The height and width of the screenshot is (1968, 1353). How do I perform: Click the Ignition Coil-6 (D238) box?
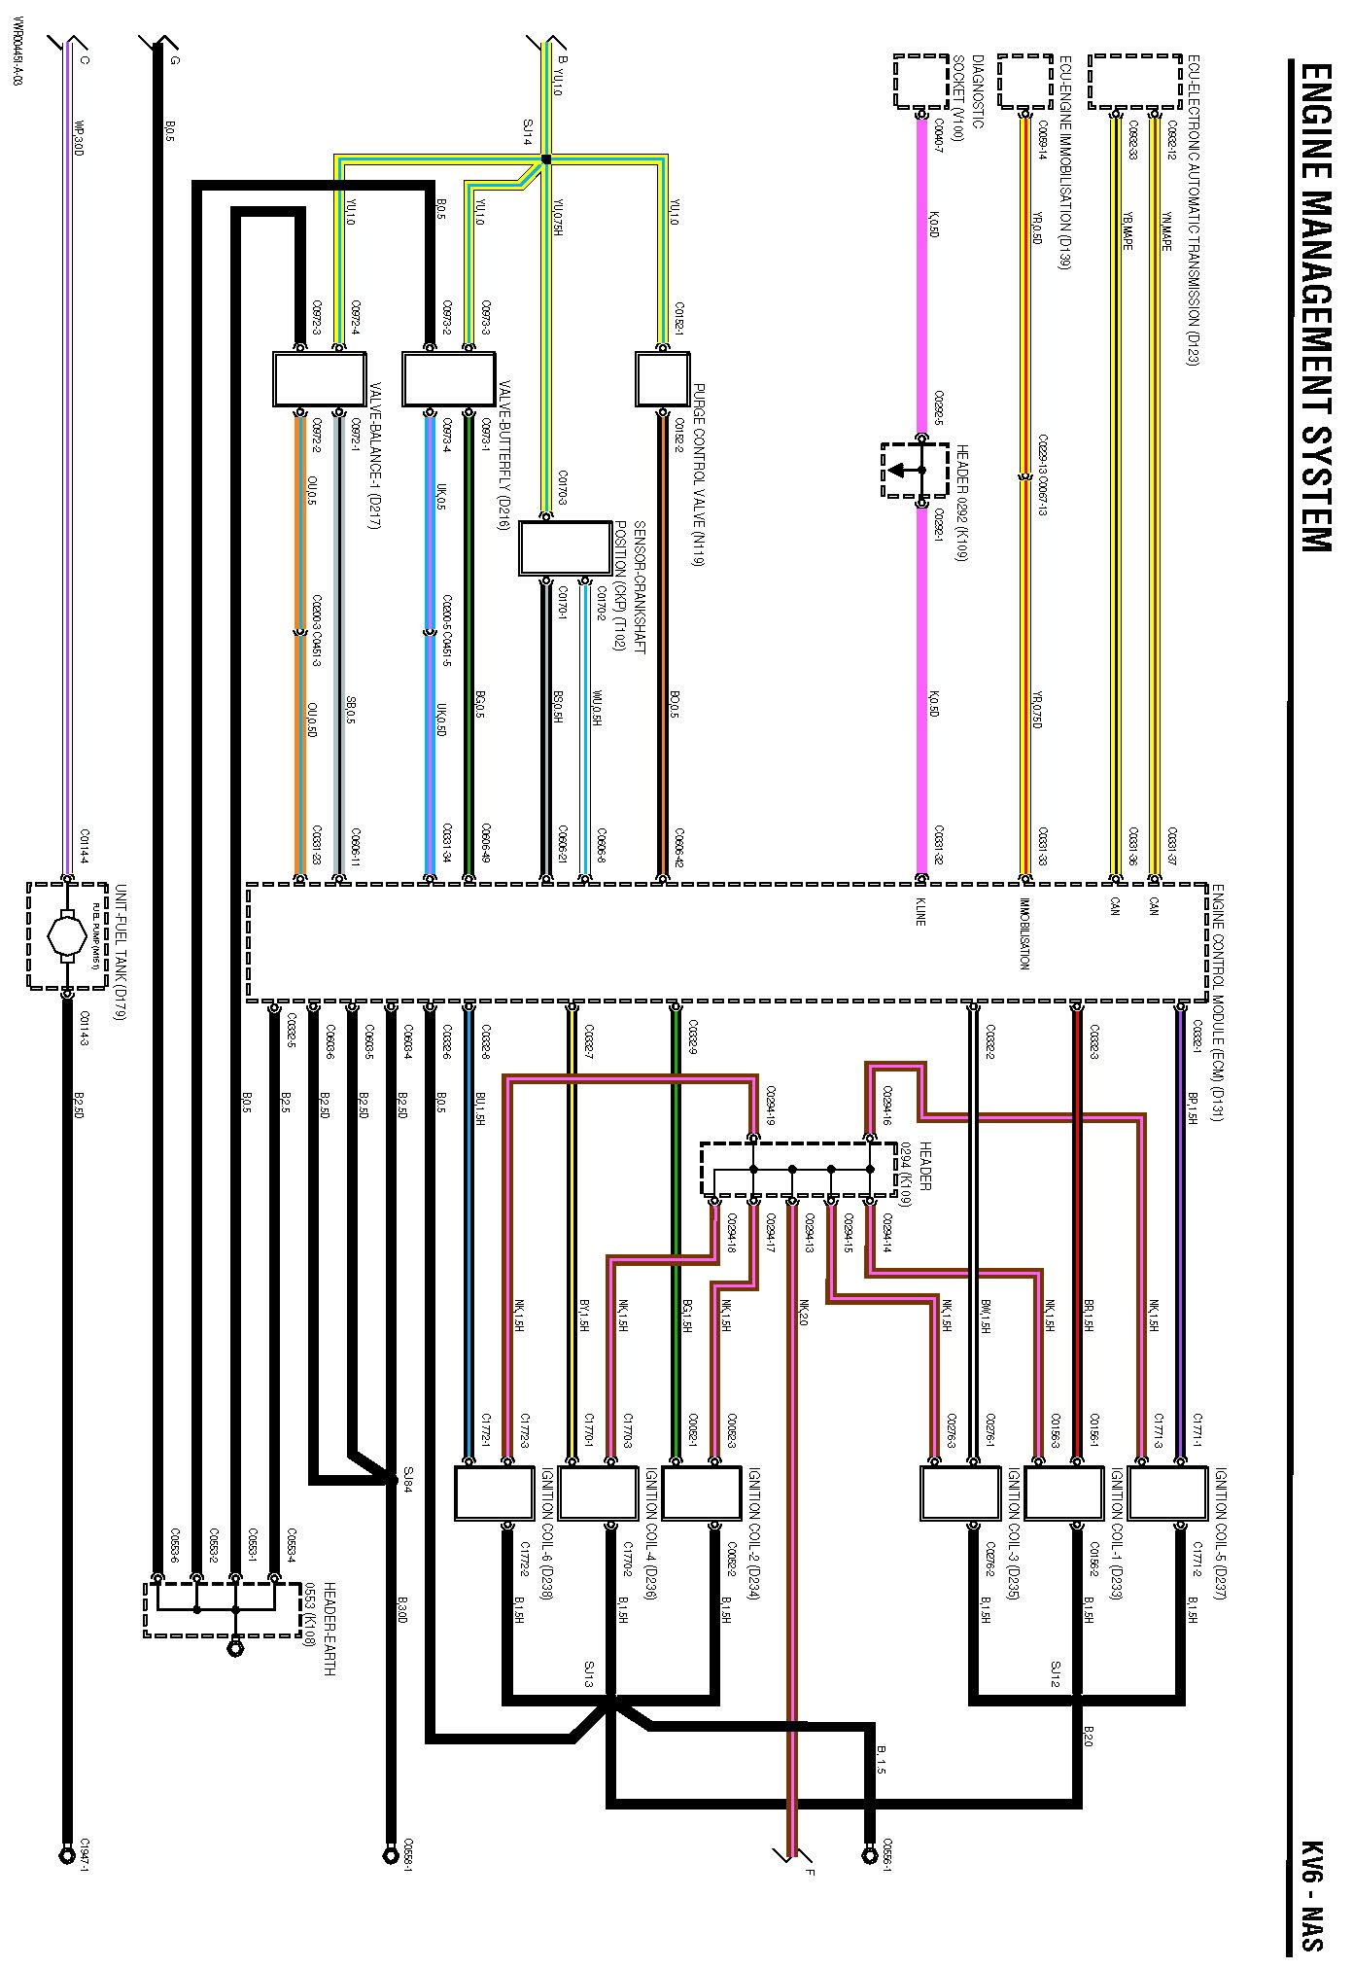click(495, 1493)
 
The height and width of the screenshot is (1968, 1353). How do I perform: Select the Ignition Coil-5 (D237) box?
click(1167, 1493)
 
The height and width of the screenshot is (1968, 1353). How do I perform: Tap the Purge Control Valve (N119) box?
click(663, 378)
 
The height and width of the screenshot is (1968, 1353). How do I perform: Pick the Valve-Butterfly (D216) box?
click(449, 378)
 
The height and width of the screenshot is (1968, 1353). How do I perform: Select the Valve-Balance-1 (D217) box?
click(319, 378)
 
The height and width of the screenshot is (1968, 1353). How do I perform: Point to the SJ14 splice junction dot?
click(545, 159)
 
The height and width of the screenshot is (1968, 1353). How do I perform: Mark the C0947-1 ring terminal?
click(67, 1852)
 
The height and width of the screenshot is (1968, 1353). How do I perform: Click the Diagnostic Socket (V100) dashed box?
click(920, 81)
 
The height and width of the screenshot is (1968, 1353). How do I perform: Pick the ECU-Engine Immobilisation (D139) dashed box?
click(1025, 81)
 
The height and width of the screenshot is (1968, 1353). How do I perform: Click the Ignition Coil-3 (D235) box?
click(959, 1493)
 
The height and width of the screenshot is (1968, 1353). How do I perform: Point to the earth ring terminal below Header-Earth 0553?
click(234, 1649)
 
